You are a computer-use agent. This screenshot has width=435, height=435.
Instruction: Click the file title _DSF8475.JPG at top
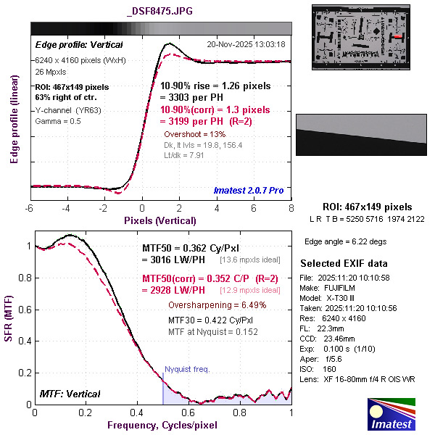[159, 11]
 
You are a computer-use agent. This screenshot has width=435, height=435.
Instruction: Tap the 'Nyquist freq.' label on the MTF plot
[187, 369]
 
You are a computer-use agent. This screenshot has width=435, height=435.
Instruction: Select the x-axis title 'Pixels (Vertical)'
[160, 220]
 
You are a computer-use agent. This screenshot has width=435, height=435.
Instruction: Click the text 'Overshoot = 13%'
[195, 134]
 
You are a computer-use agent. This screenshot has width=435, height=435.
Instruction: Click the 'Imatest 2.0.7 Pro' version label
[247, 191]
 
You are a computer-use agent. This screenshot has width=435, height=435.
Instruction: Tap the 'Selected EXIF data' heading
[344, 262]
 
